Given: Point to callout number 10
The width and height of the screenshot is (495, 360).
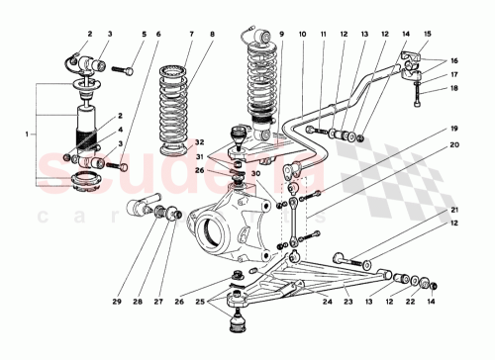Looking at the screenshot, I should tap(303, 35).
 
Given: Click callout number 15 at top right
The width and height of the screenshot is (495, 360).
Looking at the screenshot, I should tap(429, 35).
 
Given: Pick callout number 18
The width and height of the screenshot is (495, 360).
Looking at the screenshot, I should tap(454, 89).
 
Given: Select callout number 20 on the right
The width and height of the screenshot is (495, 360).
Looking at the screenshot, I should tap(454, 144).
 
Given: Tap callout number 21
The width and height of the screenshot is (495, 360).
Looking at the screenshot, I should tap(454, 211).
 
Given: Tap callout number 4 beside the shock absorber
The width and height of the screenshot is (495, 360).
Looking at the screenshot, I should tap(120, 128).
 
